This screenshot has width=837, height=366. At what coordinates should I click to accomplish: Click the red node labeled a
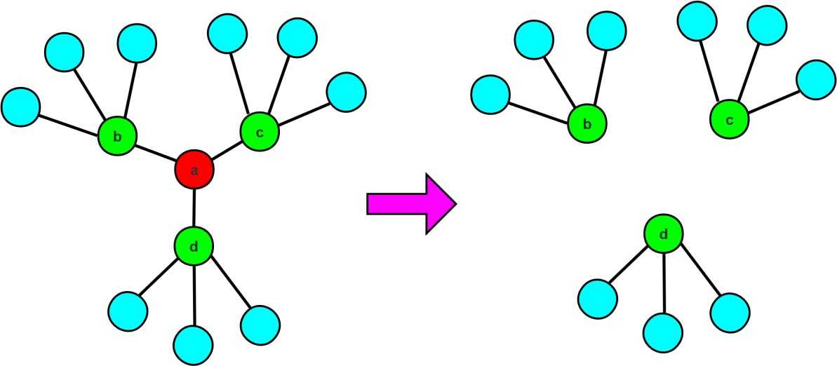coord(194,170)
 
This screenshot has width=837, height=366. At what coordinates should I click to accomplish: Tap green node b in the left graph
coord(117,137)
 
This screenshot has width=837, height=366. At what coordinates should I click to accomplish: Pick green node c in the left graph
coord(260,131)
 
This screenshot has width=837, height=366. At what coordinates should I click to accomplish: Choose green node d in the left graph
coord(194,246)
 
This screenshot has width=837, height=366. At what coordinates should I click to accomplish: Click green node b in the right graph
coord(587,124)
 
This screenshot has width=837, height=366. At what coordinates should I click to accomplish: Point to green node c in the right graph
coord(730,119)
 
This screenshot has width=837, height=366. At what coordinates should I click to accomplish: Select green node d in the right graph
coord(664,234)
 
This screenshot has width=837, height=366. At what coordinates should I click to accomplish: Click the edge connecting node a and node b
coord(155,154)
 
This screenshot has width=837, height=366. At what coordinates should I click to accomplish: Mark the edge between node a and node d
coord(194,208)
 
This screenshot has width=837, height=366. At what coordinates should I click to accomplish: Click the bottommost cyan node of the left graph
coord(193,344)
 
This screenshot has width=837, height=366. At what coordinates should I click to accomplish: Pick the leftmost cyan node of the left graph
coord(21,107)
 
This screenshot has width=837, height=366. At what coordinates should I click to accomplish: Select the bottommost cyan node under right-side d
coord(663,332)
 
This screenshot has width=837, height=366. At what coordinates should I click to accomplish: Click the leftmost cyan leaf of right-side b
coord(490,95)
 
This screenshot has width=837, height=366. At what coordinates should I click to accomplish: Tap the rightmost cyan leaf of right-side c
coord(817,79)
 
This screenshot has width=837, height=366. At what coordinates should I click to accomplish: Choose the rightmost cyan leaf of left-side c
coord(346,92)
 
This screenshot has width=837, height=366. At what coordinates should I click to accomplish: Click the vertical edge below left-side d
coord(194,295)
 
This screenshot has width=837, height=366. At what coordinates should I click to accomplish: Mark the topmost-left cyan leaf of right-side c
coord(697,21)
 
